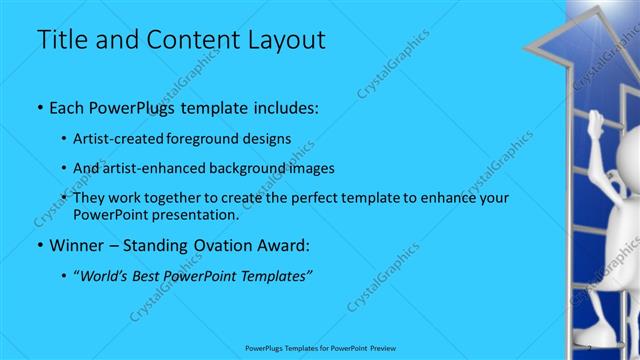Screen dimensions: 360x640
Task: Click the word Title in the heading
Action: tap(61, 41)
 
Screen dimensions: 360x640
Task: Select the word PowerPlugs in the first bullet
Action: tap(127, 106)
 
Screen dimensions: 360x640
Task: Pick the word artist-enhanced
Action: tap(166, 168)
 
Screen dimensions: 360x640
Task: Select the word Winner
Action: tap(77, 245)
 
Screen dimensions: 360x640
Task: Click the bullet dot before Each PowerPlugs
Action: tap(39, 106)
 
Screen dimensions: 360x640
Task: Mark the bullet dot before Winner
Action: tap(39, 245)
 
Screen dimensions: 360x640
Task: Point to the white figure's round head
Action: tap(626, 150)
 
